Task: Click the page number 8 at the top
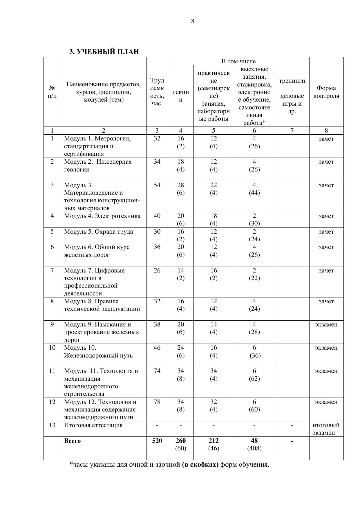[x=193, y=21]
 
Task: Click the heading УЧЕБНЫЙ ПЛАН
[x=104, y=52]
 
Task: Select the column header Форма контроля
[x=326, y=92]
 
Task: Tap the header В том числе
[x=238, y=61]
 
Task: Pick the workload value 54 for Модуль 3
[x=157, y=185]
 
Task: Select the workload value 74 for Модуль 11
[x=157, y=371]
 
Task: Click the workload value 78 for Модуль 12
[x=157, y=402]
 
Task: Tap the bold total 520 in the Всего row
[x=157, y=441]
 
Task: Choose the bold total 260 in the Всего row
[x=180, y=441]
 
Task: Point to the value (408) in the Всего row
[x=254, y=448]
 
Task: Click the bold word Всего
[x=72, y=441]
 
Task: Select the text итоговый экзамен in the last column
[x=326, y=429]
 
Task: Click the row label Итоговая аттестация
[x=93, y=425]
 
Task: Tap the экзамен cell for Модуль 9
[x=326, y=324]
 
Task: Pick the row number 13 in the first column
[x=52, y=425]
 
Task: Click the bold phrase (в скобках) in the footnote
[x=200, y=465]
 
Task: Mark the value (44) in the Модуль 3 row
[x=254, y=193]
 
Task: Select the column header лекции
[x=180, y=96]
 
